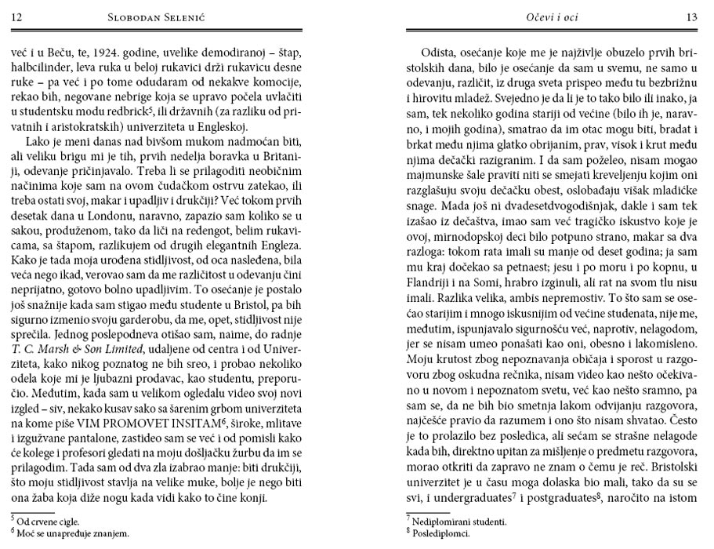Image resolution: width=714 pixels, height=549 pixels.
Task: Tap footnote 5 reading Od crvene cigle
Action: pyautogui.click(x=48, y=521)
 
